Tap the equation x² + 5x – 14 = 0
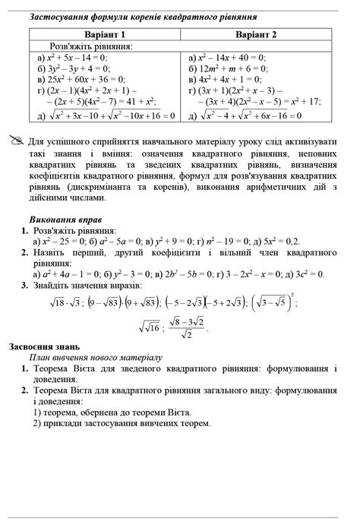click(73, 57)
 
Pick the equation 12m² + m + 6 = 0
click(223, 67)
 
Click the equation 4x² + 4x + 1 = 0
click(222, 77)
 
